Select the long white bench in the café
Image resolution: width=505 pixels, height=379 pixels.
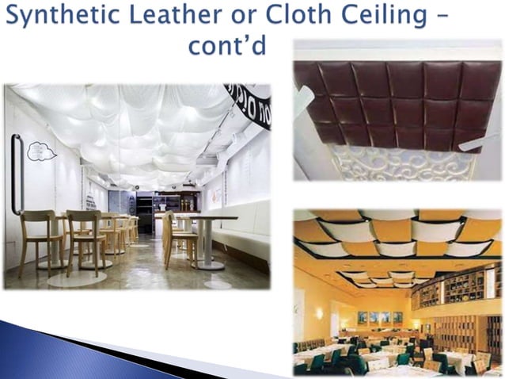click(241, 238)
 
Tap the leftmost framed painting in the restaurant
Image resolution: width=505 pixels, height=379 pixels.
click(362, 317)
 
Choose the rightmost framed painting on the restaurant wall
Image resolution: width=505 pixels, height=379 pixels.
click(397, 317)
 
